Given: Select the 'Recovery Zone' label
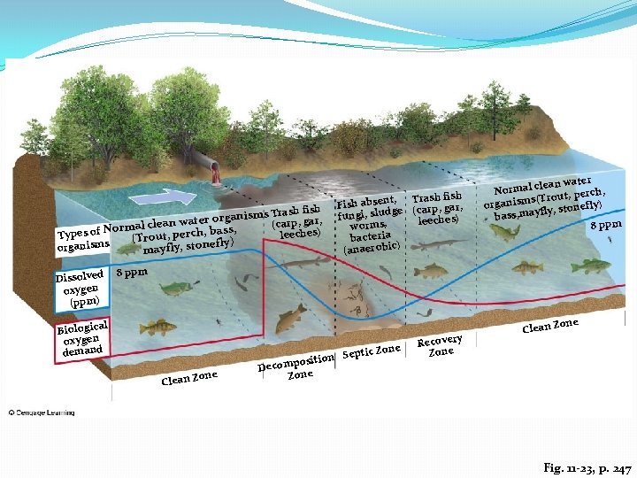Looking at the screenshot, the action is click(x=440, y=346).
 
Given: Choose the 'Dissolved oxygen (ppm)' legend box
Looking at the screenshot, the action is click(x=82, y=289).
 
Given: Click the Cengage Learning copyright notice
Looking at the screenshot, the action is click(x=43, y=412).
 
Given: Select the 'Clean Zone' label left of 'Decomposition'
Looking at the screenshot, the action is click(x=189, y=378).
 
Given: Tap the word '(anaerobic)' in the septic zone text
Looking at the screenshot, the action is click(x=371, y=249).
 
